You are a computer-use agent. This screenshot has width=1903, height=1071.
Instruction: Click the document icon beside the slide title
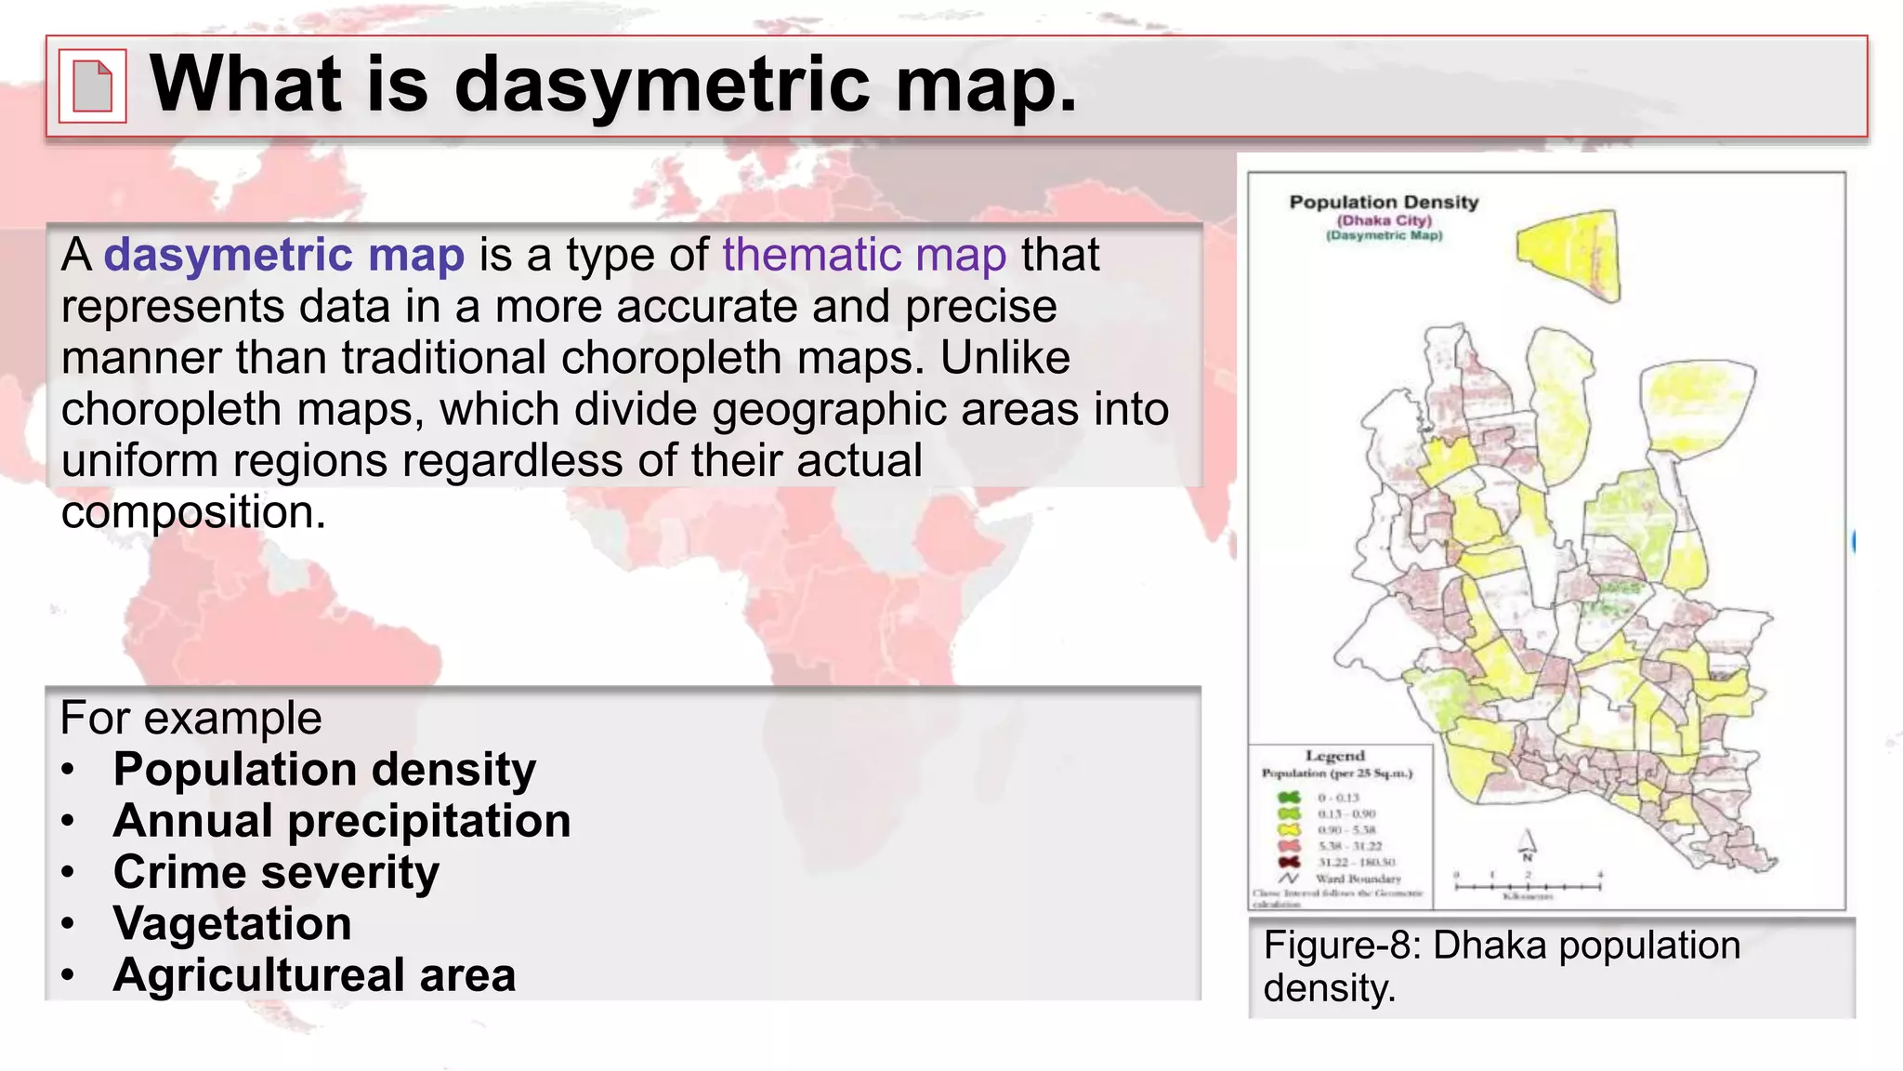click(92, 86)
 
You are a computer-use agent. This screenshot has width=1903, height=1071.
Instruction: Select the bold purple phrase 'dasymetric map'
click(283, 255)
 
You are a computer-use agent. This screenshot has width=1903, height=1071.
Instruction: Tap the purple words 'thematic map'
click(864, 255)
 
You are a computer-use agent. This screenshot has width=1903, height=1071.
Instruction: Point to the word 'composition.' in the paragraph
click(193, 512)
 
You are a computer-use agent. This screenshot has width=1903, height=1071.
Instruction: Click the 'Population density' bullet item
click(324, 770)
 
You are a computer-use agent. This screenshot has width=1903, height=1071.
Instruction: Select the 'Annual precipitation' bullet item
click(342, 821)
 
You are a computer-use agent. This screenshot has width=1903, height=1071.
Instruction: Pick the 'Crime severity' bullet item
click(276, 872)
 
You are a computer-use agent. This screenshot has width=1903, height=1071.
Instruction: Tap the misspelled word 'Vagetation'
click(232, 923)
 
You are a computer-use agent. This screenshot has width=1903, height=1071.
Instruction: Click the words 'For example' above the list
click(190, 718)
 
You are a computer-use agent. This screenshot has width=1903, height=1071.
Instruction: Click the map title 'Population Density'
click(1383, 202)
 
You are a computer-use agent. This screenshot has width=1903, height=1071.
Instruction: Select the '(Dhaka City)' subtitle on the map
click(1384, 220)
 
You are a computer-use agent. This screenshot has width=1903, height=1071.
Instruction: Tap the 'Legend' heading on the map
click(1334, 756)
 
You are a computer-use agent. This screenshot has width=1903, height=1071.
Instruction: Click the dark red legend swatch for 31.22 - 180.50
click(1289, 862)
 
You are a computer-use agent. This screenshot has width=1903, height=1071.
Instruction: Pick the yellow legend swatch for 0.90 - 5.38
click(1289, 829)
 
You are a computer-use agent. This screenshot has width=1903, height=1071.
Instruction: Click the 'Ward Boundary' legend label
click(1358, 879)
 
